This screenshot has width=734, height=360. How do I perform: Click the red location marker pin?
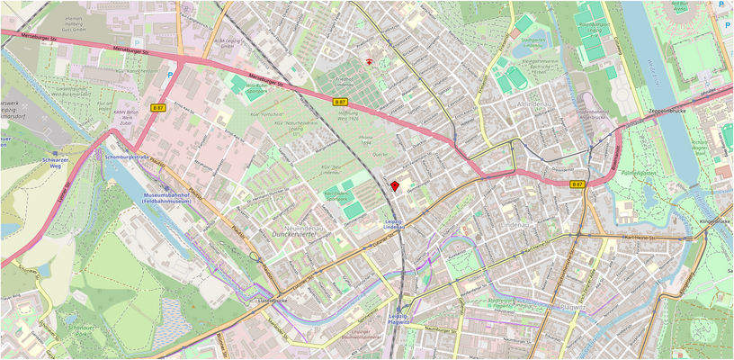coord(394,184)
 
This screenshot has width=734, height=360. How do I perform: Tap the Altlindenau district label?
coord(538,104)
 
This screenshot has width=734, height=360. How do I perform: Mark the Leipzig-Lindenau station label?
coord(394,224)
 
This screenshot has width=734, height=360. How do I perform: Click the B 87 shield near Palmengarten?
coord(577,184)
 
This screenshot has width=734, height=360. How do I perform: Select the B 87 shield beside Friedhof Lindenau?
coord(341,103)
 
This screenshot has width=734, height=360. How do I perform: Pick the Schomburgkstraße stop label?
coord(125,157)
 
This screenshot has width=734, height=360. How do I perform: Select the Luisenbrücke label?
coord(271,300)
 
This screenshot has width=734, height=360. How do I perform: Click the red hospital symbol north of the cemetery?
coord(369,61)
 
